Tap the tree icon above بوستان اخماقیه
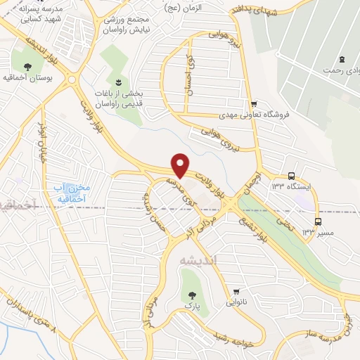click(27, 67)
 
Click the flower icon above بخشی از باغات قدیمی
click(118, 82)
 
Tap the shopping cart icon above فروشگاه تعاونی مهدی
click(254, 103)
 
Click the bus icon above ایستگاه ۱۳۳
click(291, 176)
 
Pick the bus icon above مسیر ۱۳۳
click(318, 221)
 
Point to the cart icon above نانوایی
click(237, 292)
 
